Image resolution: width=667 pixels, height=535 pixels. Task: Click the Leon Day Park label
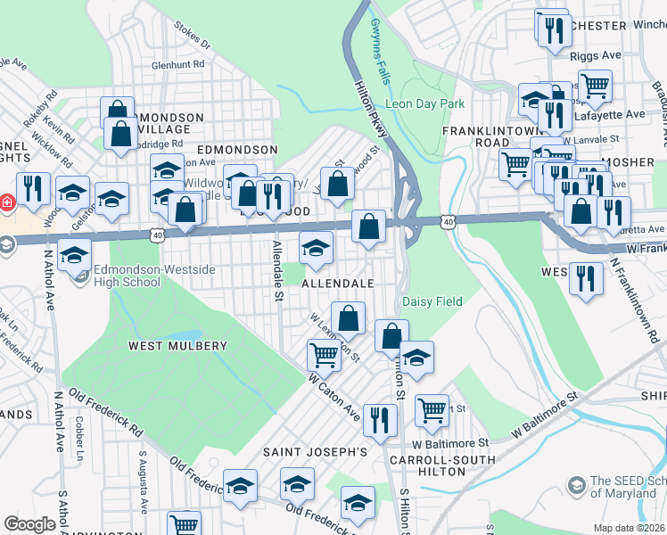click(425, 104)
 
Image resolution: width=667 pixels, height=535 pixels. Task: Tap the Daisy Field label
click(432, 301)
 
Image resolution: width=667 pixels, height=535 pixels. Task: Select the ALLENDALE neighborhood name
click(337, 283)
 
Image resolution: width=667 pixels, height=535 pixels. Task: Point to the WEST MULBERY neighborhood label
click(177, 345)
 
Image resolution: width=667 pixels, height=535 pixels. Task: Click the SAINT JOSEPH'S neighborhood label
click(315, 452)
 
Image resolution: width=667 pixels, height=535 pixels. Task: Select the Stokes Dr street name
click(192, 37)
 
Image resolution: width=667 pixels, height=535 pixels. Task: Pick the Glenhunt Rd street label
click(178, 64)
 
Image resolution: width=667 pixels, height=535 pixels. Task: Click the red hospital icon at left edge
click(5, 202)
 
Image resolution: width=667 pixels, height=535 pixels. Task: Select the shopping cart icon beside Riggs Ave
click(595, 86)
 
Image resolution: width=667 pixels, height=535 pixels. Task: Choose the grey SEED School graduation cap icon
click(577, 486)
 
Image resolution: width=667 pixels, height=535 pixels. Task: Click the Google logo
click(29, 524)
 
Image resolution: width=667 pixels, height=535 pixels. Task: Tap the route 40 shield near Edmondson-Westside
click(158, 235)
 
